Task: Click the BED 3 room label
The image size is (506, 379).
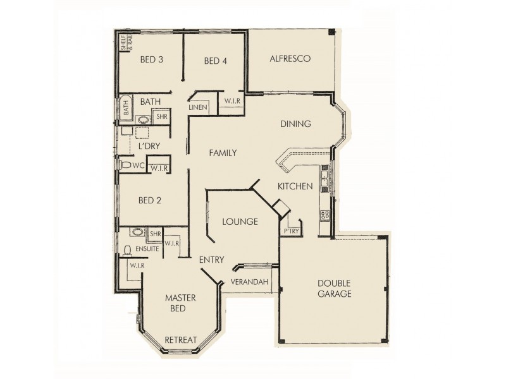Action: click(x=152, y=61)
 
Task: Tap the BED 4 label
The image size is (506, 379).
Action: click(x=216, y=61)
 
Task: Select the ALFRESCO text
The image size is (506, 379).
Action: click(x=290, y=59)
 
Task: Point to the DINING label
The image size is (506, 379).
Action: click(x=296, y=124)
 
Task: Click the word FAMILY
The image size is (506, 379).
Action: click(x=222, y=153)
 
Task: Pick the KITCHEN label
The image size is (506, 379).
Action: click(x=295, y=186)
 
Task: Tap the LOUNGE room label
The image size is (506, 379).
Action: click(x=240, y=222)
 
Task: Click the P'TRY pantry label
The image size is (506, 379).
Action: click(x=291, y=232)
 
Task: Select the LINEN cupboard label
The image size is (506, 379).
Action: click(x=198, y=108)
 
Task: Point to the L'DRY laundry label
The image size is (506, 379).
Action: click(x=149, y=147)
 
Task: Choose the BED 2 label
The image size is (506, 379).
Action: click(x=150, y=201)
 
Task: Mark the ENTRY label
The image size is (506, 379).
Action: click(x=211, y=260)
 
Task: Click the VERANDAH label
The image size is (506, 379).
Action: click(x=249, y=281)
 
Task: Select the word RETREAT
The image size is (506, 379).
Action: click(x=181, y=340)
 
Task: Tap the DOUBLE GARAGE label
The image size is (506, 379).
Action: click(x=335, y=289)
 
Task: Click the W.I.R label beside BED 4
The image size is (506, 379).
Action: click(x=231, y=101)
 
